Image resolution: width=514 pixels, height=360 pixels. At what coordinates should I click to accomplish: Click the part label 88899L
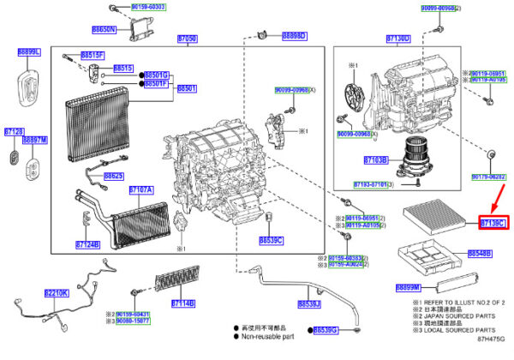tap(28, 52)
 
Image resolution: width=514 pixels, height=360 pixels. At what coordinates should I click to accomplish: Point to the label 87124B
tap(87, 244)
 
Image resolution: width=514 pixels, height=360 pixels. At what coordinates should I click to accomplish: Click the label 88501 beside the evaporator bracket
tap(187, 88)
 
